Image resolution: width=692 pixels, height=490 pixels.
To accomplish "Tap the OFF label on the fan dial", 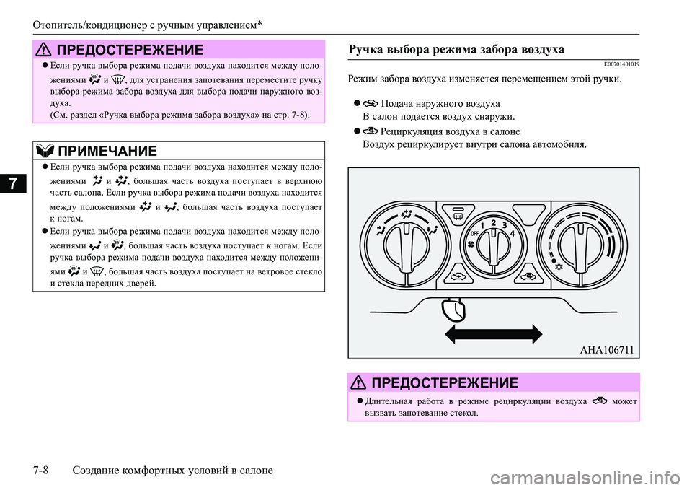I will (474, 234).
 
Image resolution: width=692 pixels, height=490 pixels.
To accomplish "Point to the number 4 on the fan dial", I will (512, 234).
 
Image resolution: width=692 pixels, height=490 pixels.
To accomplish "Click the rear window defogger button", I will (458, 214).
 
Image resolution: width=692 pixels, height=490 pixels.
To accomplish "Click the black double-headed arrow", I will (493, 335).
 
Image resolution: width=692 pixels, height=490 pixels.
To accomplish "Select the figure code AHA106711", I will (606, 350).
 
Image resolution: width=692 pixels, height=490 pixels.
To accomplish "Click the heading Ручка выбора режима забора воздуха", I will (456, 49).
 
